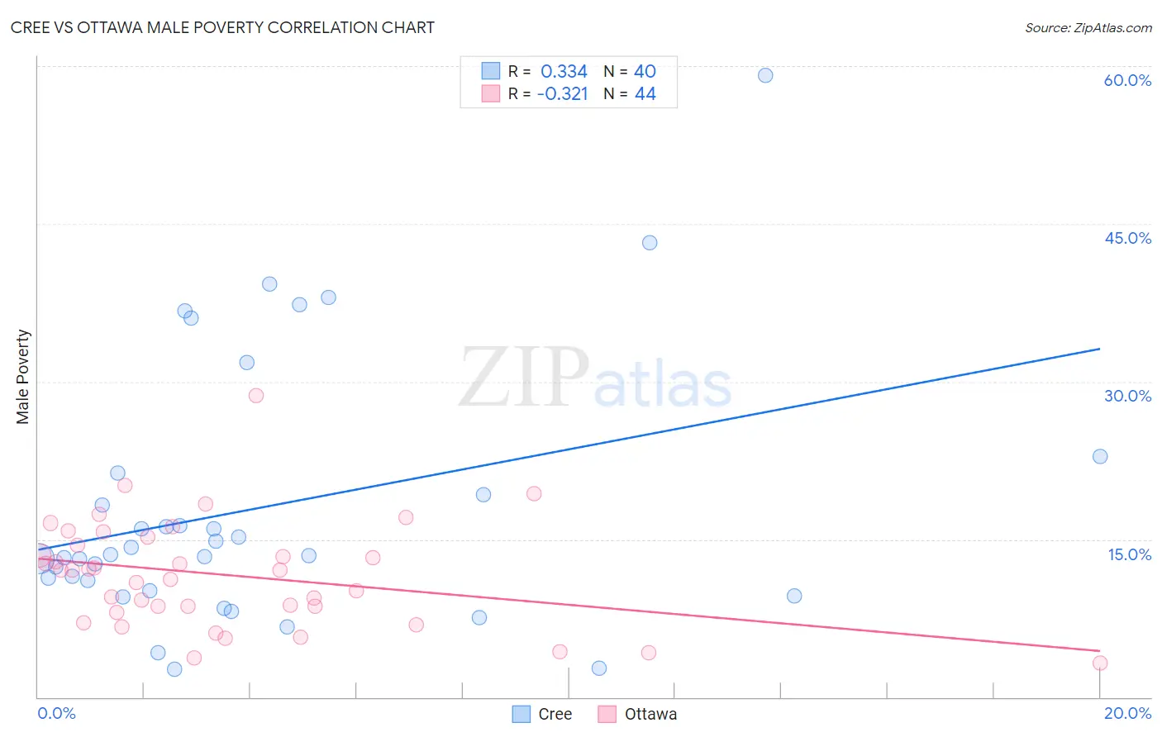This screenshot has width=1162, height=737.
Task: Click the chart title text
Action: coord(222,27)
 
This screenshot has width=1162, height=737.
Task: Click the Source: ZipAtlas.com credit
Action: coord(1088,28)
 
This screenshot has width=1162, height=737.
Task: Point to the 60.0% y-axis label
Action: coord(1126,80)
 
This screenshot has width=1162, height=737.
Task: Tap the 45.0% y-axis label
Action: coord(1127,238)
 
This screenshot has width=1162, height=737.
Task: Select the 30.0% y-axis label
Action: coord(1127,396)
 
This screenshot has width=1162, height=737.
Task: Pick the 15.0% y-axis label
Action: coord(1129,554)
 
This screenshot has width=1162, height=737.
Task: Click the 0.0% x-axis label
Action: coord(56,713)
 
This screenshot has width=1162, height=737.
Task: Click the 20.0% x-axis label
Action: coord(1127,713)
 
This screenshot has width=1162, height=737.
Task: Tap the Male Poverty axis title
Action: coord(23,377)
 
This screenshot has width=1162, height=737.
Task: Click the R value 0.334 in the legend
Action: coord(564,72)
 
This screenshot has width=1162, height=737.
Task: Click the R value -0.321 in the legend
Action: coord(562,94)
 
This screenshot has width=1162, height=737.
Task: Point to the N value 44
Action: coord(645,94)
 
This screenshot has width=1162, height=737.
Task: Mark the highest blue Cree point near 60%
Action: coord(765,75)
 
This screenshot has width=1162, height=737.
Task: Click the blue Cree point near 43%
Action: coord(650,243)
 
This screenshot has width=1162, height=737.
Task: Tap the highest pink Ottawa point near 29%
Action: coord(256,396)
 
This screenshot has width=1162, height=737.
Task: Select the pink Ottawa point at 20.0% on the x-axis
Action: coord(1100,663)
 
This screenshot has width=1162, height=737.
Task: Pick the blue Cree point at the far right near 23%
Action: coord(1100,456)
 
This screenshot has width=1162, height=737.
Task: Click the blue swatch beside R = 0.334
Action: coord(491,71)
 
